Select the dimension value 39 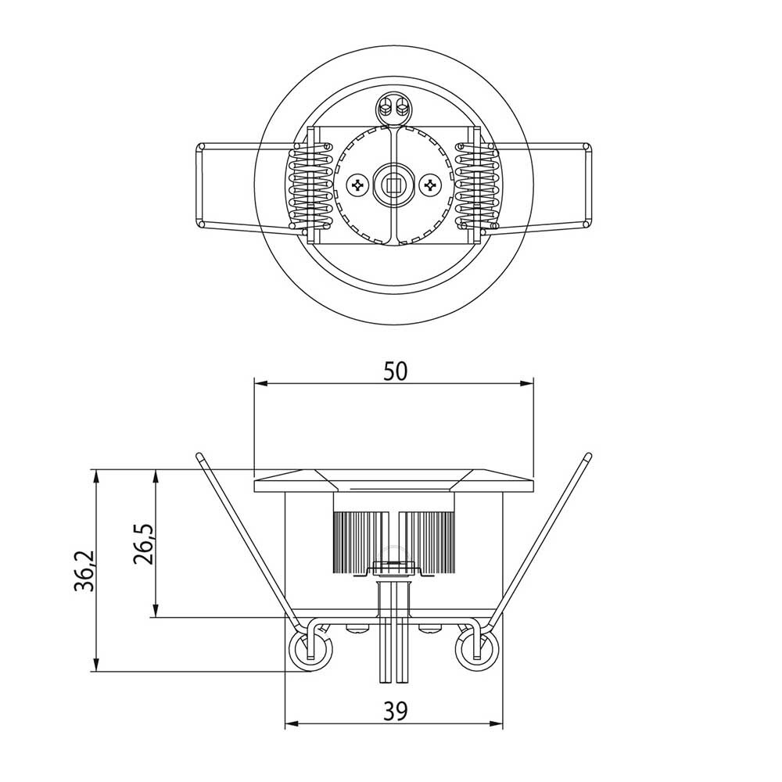(395, 711)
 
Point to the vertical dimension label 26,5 (144, 543)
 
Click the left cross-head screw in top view (358, 185)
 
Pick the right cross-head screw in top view (429, 185)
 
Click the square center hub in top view (393, 185)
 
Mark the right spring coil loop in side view (476, 649)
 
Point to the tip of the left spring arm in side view (199, 455)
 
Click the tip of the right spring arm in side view (587, 455)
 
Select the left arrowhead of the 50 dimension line (261, 383)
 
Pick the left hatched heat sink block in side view (361, 540)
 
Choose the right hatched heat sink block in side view (427, 540)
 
